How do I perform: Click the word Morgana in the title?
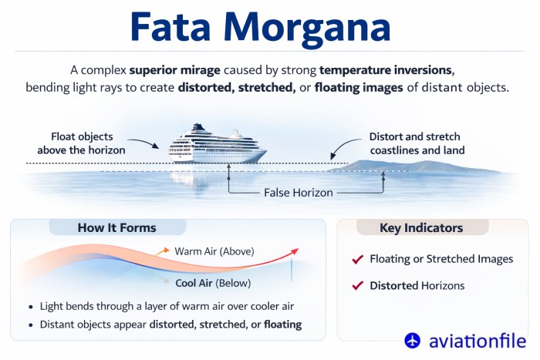[323, 28]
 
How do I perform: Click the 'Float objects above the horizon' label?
[88, 143]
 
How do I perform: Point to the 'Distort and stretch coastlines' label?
[417, 143]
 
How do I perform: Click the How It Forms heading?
[116, 227]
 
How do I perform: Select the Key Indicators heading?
[421, 228]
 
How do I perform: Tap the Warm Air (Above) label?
[214, 251]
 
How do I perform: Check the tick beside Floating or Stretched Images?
[357, 259]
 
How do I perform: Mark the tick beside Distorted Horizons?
[357, 285]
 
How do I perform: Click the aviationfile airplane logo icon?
[413, 340]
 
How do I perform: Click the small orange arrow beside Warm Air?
[162, 251]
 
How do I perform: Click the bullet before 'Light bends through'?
[29, 306]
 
